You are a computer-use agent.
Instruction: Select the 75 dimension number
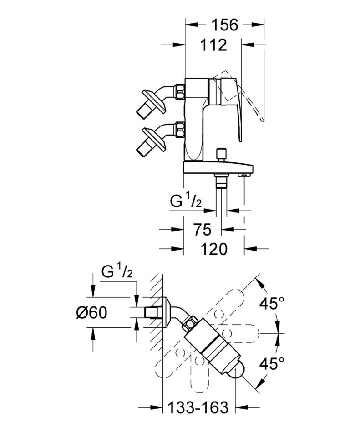click(201, 230)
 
